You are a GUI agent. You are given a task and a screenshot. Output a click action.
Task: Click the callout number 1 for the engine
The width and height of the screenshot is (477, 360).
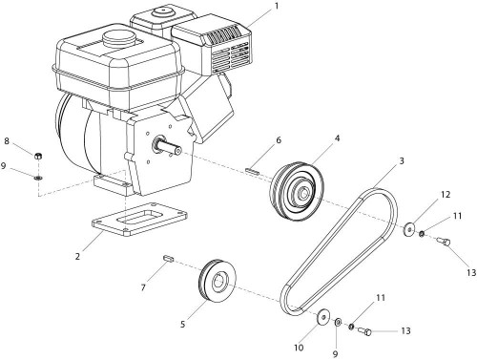277,6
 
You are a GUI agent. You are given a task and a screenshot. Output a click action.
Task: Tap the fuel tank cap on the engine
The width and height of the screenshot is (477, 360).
117,37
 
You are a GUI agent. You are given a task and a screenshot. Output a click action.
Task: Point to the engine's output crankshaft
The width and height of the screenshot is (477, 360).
168,147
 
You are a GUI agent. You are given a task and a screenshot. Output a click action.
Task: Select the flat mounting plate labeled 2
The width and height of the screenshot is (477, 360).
140,220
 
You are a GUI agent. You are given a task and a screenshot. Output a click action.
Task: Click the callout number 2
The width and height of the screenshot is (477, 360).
77,256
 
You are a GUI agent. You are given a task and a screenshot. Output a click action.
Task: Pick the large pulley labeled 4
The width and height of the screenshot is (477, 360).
297,194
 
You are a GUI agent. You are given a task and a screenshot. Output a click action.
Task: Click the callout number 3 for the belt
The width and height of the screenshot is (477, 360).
402,161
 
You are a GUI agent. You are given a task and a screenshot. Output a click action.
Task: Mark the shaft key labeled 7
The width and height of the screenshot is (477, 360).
168,258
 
